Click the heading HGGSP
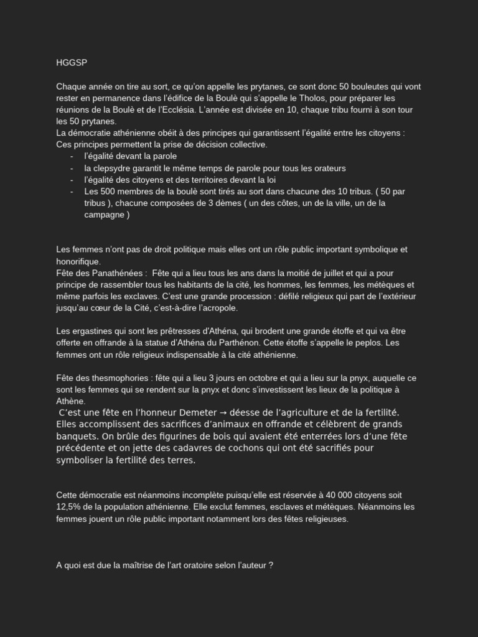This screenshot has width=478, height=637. point(68,63)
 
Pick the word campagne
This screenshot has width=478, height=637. point(104,215)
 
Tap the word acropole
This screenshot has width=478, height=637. point(219,308)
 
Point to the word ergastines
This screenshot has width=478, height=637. point(91,331)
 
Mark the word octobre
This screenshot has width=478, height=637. point(255,378)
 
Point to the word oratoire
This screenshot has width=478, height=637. point(209,566)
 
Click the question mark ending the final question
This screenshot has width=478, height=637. point(271,566)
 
